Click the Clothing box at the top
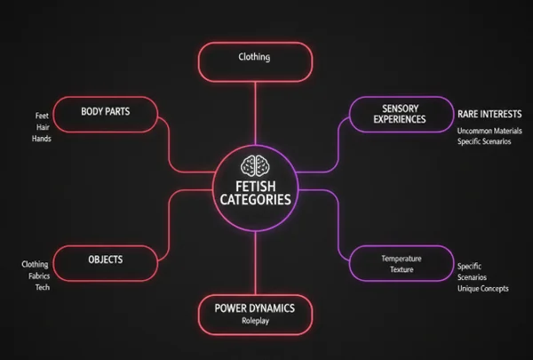(x=255, y=59)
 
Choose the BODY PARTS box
(x=106, y=113)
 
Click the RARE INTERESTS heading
(x=488, y=115)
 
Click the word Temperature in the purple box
(x=401, y=259)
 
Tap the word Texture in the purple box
(x=401, y=269)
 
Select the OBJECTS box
(x=106, y=260)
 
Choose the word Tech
(x=41, y=287)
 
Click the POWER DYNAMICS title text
(x=254, y=308)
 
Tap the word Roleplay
(x=254, y=323)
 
